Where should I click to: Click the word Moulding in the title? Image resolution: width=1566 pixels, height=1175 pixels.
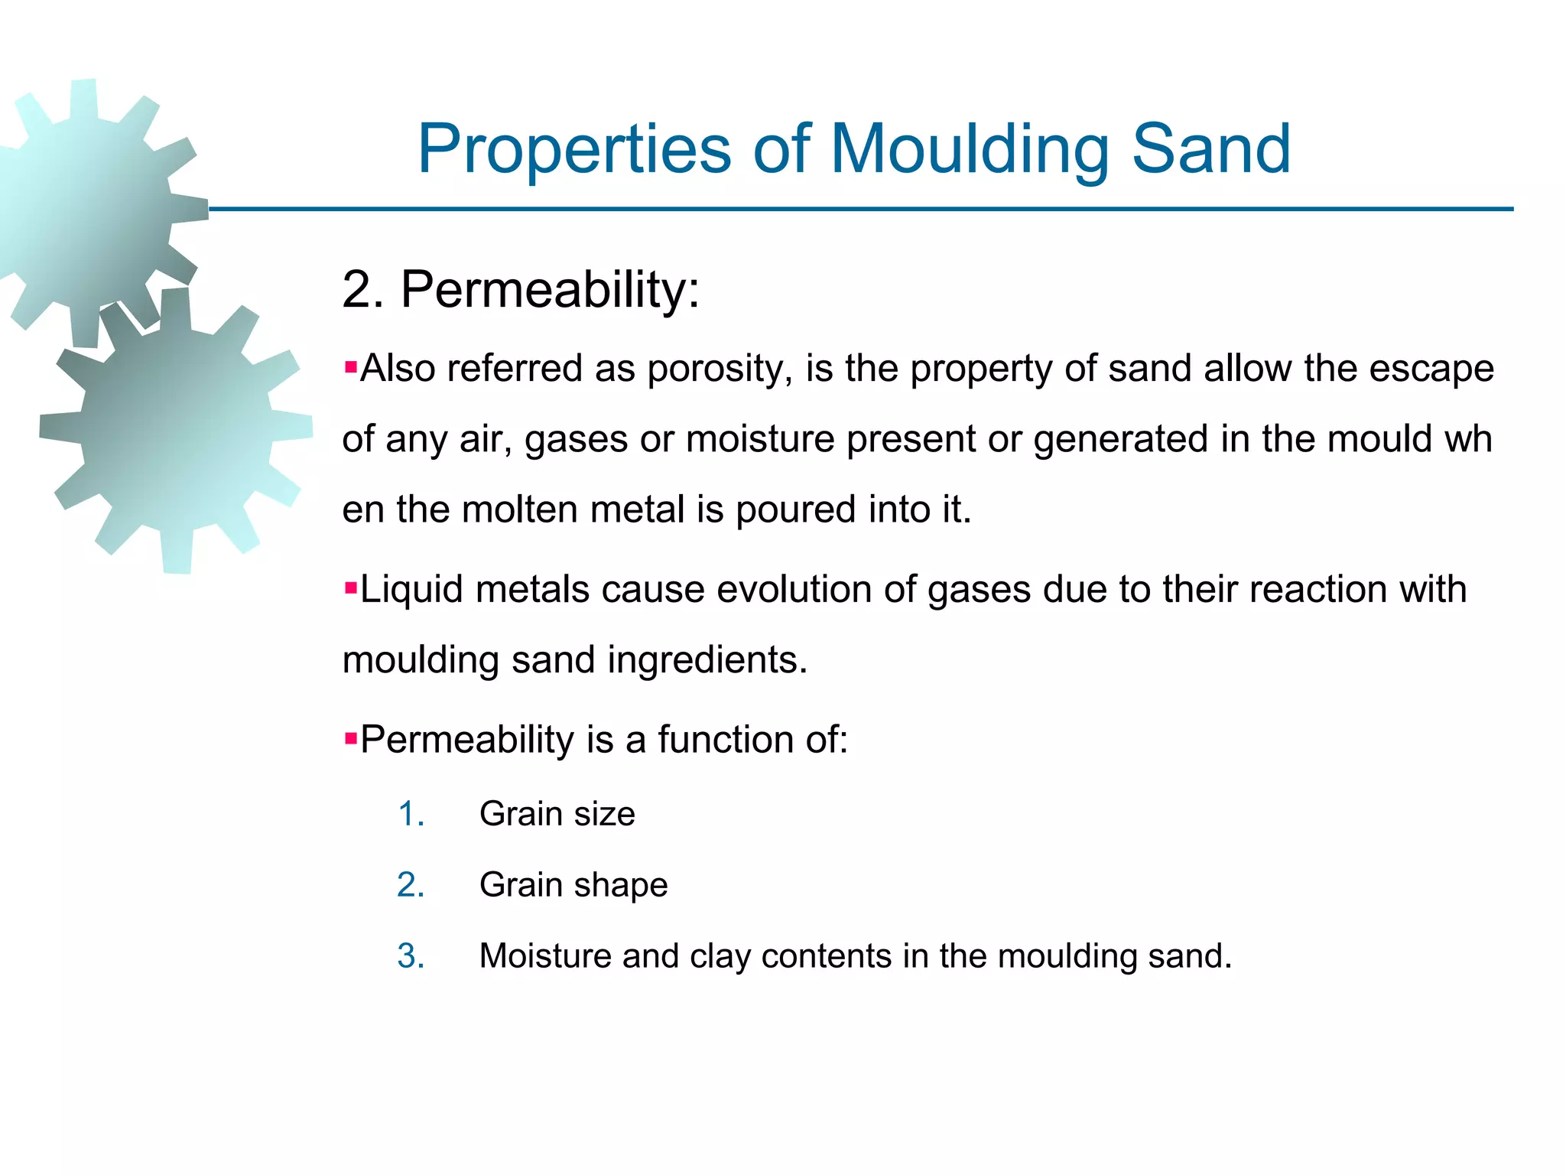(x=970, y=149)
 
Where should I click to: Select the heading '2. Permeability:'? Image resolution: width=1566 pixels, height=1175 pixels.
(x=521, y=291)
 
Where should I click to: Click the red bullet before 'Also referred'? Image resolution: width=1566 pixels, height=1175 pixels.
(x=351, y=368)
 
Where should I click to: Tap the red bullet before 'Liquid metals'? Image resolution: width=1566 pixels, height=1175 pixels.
(x=351, y=589)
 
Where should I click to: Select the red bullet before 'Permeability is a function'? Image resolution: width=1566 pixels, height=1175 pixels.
(x=351, y=739)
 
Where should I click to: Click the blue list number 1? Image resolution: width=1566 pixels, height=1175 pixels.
(x=411, y=814)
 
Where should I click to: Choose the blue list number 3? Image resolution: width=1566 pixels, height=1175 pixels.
(x=411, y=956)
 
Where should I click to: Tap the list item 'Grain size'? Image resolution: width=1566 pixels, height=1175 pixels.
(x=557, y=814)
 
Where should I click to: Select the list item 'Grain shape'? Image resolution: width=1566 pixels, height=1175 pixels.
(x=573, y=885)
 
